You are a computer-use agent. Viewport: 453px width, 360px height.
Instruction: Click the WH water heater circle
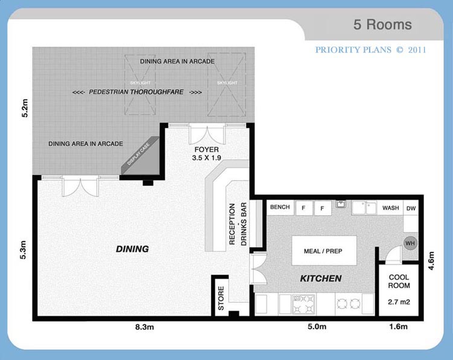coord(410,243)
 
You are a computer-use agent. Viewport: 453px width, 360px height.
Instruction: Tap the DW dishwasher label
coord(411,208)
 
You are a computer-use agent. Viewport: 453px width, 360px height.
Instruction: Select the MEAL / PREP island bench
coord(324,251)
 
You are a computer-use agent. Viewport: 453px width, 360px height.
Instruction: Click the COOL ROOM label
coord(399,281)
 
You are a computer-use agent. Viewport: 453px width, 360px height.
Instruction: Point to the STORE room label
coord(221,298)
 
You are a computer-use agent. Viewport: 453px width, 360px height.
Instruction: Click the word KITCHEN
coord(321,278)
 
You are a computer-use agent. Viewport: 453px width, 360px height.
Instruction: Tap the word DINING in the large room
coord(132,249)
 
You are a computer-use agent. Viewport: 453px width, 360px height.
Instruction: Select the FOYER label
coord(207,150)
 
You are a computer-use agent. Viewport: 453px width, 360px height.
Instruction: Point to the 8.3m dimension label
coord(144,327)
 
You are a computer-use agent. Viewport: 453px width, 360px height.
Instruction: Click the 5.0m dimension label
coord(317,327)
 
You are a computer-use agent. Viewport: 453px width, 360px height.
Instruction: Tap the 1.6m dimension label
coord(399,327)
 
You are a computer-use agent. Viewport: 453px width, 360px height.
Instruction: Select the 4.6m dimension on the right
coord(431,261)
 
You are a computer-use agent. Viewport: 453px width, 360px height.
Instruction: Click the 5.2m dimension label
coord(25,108)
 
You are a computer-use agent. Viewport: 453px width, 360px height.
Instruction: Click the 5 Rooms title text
coord(382,25)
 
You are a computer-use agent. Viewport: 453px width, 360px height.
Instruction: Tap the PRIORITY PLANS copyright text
coord(370,50)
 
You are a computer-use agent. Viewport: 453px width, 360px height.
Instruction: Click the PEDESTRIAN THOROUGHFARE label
coord(137,92)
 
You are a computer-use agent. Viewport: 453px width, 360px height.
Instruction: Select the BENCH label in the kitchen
coord(280,207)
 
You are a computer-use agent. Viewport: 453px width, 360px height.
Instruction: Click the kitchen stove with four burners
coord(303,304)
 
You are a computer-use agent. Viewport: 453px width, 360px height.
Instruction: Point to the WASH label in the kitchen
coord(391,208)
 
